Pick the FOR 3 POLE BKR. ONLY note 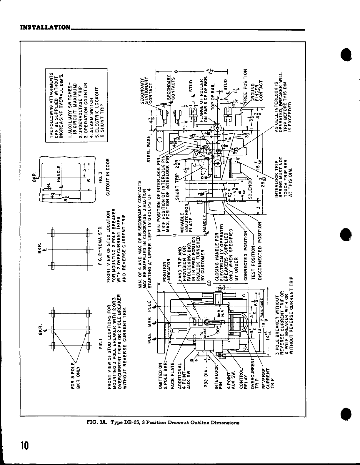coord(76,375)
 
